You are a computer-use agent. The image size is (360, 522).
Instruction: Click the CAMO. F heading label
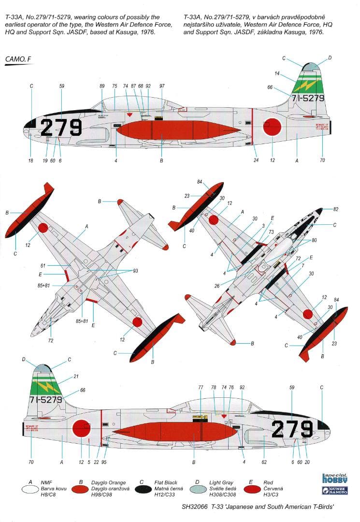click(x=18, y=59)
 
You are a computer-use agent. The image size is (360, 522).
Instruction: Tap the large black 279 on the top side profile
click(x=61, y=128)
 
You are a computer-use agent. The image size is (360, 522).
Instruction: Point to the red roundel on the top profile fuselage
click(x=272, y=127)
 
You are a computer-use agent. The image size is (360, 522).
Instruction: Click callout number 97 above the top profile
click(x=162, y=86)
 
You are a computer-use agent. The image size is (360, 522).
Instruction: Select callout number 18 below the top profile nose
click(x=30, y=160)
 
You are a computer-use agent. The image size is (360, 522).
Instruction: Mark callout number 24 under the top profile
click(x=256, y=160)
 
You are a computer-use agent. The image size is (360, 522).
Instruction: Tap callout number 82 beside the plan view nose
click(x=336, y=209)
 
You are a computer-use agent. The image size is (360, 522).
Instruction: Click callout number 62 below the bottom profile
click(x=264, y=462)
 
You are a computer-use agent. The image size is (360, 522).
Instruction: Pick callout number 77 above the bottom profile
click(x=201, y=388)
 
